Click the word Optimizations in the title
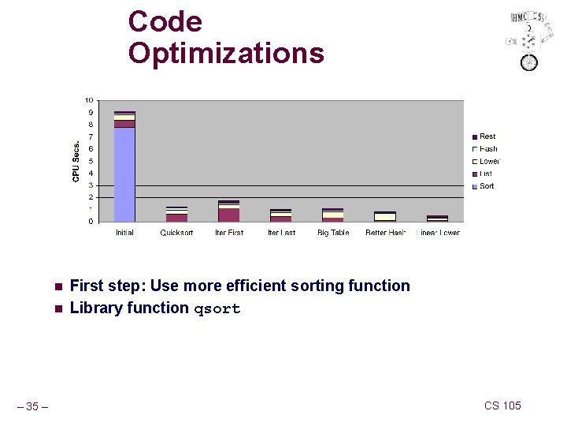pos(226,53)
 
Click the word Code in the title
pos(165,21)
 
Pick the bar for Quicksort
pos(176,215)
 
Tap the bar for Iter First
pos(229,211)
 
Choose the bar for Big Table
pos(333,215)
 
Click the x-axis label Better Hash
pos(385,233)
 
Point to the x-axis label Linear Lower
pos(438,233)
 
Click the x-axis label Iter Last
pos(281,233)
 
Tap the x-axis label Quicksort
pos(176,233)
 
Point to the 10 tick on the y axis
pos(89,100)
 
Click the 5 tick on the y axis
pos(91,161)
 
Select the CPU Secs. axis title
pos(76,162)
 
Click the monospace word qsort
pos(217,308)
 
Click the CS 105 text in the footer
pos(502,405)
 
